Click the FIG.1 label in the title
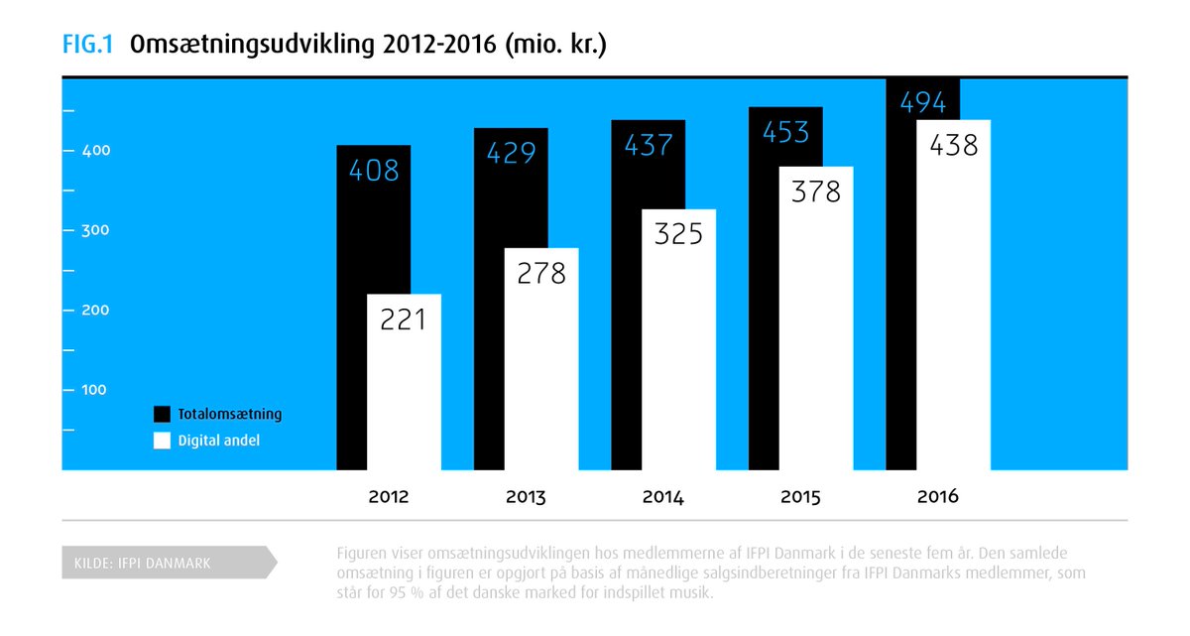click(x=87, y=44)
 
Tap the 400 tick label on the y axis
click(x=96, y=151)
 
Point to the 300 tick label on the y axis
click(x=95, y=230)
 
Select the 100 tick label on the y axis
click(x=94, y=390)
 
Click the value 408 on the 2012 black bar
click(x=374, y=171)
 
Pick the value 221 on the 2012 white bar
click(x=404, y=319)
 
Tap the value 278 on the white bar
click(x=541, y=274)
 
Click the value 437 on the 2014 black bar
click(x=649, y=145)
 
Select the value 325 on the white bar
click(x=678, y=234)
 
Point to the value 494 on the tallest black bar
click(x=923, y=102)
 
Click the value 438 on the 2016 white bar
click(x=954, y=145)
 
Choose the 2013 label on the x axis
click(x=526, y=497)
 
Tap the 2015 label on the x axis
click(x=800, y=497)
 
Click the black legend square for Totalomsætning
click(x=162, y=415)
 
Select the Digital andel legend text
click(x=219, y=441)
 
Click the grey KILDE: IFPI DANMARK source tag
click(x=170, y=563)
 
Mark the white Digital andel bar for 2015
click(x=816, y=318)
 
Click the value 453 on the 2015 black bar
click(x=785, y=132)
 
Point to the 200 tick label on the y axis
click(x=95, y=310)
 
